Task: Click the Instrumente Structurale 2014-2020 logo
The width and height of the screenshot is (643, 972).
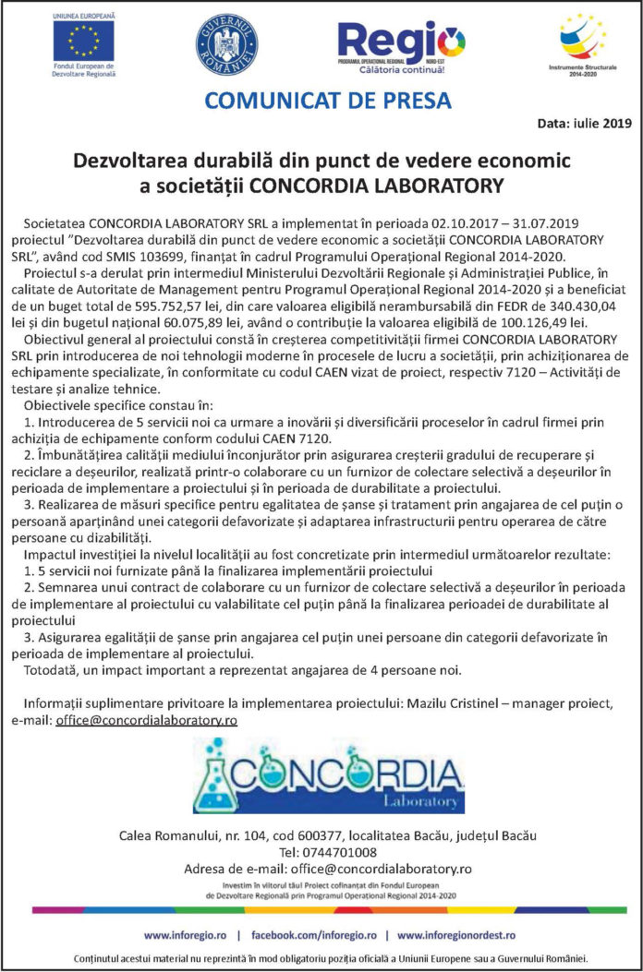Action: click(583, 42)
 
